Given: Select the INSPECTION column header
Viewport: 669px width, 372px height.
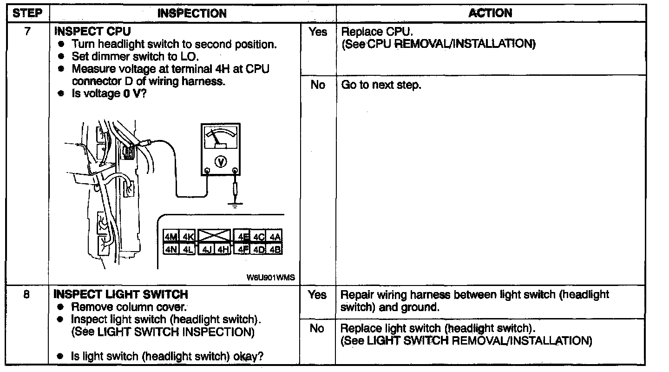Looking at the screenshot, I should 192,13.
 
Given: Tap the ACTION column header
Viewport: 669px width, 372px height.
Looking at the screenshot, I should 490,13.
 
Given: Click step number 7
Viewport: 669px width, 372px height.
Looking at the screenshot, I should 27,32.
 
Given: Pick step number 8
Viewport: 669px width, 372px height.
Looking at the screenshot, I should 27,295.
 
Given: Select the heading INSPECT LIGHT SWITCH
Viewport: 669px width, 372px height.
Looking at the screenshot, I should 121,295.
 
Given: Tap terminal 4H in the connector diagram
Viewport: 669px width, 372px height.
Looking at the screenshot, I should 223,249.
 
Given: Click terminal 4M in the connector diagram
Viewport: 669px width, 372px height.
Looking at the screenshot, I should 171,237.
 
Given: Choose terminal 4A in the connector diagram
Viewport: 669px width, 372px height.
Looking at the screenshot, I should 275,237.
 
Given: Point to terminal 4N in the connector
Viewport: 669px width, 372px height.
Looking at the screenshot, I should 171,249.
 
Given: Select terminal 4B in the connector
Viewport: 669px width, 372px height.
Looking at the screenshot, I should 275,249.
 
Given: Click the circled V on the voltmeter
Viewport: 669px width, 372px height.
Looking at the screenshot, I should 220,161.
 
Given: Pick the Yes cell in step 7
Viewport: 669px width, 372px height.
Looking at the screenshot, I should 317,33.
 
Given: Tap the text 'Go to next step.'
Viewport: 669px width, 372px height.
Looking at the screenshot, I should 381,86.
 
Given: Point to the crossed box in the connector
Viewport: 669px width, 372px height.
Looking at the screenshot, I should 214,236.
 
